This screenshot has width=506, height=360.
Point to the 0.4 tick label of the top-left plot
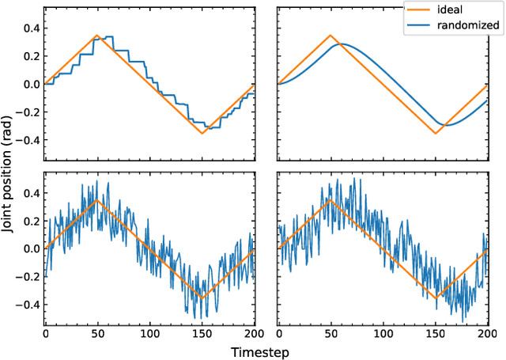[x=29, y=28]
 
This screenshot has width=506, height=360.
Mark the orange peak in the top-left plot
[x=97, y=36]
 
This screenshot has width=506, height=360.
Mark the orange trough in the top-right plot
[x=436, y=133]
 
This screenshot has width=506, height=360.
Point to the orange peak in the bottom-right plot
[x=330, y=200]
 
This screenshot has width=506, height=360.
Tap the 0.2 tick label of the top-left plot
[x=29, y=56]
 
